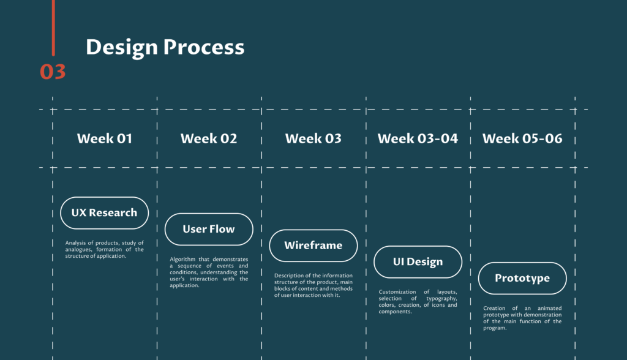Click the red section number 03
(53, 72)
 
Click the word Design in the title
(122, 48)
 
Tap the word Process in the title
(204, 47)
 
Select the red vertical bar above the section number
(53, 28)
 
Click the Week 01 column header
(104, 138)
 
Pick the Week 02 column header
(209, 138)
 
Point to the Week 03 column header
(313, 138)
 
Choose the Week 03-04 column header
(418, 138)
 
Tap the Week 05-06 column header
(522, 138)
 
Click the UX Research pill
(104, 213)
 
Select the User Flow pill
(209, 229)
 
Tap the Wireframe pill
(313, 246)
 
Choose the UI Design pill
(418, 262)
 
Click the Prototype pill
(522, 279)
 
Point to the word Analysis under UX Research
(75, 243)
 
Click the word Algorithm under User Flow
(182, 260)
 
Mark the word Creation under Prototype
(494, 309)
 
